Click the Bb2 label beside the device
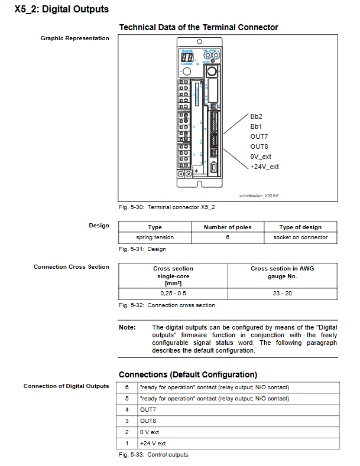tap(256, 116)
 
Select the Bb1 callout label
tap(256, 126)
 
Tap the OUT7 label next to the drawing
tap(259, 136)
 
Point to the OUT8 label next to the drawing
tap(259, 146)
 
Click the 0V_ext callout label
tap(261, 157)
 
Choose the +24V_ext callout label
tap(264, 167)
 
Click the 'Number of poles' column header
tap(228, 227)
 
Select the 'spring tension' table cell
tap(155, 237)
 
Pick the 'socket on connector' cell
tap(300, 237)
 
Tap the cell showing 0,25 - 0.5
tap(173, 293)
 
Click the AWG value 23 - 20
tap(283, 293)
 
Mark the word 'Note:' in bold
tap(127, 327)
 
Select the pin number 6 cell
tap(127, 387)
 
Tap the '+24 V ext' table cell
tap(153, 444)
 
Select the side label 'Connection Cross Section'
tap(72, 267)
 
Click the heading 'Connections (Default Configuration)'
tap(188, 374)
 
